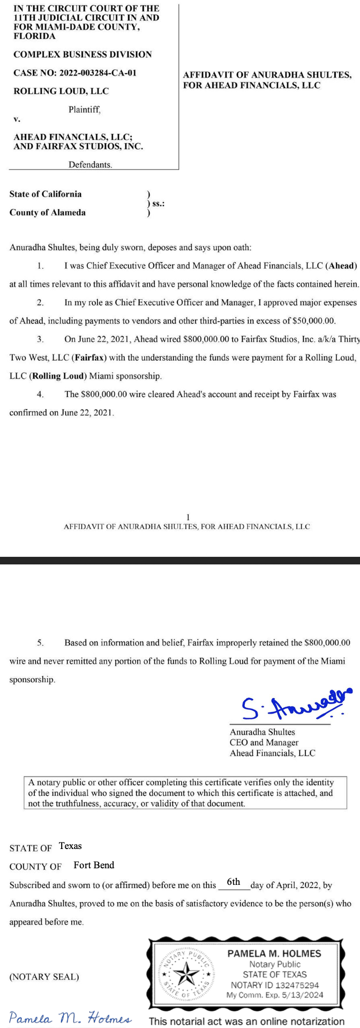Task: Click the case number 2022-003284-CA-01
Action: [98, 72]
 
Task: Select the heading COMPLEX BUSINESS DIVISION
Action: [82, 54]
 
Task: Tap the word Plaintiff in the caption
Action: [84, 110]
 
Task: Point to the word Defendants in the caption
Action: [90, 165]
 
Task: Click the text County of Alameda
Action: [48, 212]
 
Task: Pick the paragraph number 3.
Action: [40, 339]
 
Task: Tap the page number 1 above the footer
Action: [187, 517]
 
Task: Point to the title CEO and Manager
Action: [264, 742]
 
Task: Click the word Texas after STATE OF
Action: [70, 846]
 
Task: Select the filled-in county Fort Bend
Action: [94, 865]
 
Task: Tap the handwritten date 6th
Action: [234, 882]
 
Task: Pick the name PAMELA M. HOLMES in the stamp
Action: [274, 953]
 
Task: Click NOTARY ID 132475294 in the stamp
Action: [275, 985]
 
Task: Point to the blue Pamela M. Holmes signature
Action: [70, 1017]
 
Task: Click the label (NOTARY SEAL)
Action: [44, 977]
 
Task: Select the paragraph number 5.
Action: [40, 642]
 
